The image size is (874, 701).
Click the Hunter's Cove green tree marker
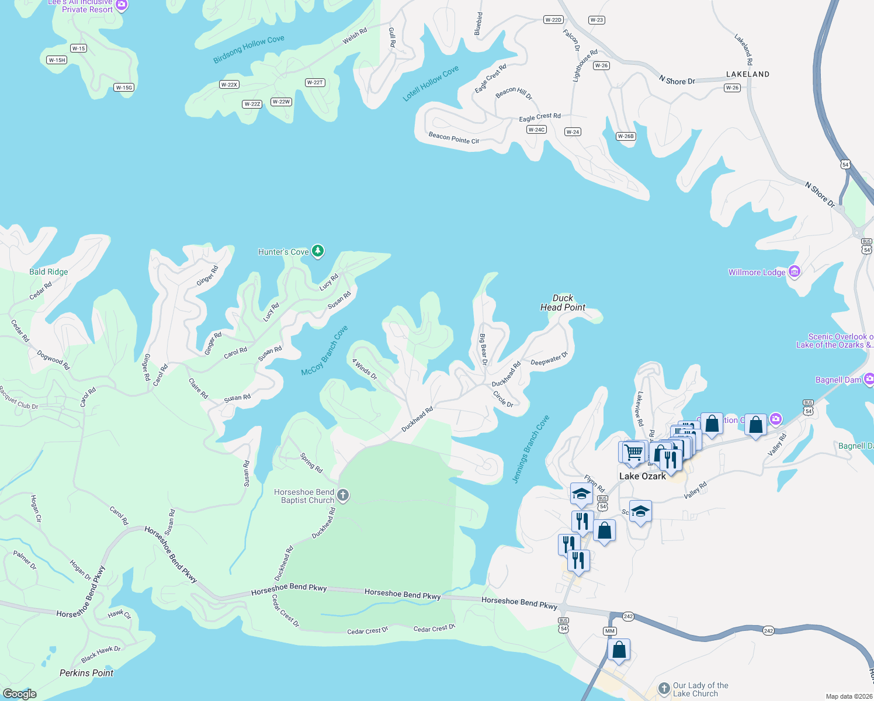click(x=317, y=251)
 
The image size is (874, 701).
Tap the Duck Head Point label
click(x=563, y=303)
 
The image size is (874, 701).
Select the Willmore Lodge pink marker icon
click(x=794, y=272)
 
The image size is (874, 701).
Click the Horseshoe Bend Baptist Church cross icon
click(x=343, y=496)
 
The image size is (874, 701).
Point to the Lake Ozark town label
click(x=642, y=476)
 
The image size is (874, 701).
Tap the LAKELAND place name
click(x=747, y=74)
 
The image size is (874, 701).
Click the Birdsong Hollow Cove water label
click(x=249, y=49)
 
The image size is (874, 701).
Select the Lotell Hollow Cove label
click(x=431, y=84)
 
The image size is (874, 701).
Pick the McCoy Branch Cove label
click(x=324, y=350)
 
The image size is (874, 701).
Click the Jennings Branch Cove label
click(x=530, y=449)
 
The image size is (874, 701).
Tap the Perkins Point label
click(x=86, y=673)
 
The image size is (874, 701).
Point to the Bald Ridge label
click(x=48, y=272)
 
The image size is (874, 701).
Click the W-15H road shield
click(x=57, y=60)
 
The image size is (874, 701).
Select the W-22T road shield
click(x=315, y=82)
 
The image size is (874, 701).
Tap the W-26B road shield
click(x=626, y=136)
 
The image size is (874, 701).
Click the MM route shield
click(x=610, y=631)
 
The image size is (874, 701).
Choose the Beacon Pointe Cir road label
click(x=454, y=138)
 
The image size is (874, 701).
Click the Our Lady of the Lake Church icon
click(x=664, y=689)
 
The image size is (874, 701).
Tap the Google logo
click(x=20, y=694)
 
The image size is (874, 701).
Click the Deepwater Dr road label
click(x=549, y=359)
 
